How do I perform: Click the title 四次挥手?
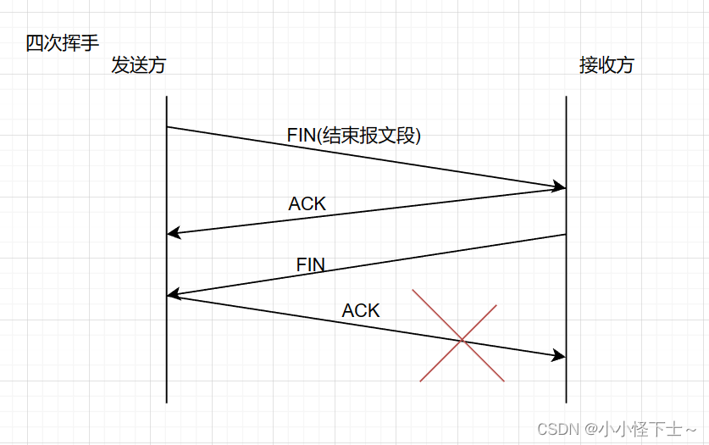tap(63, 43)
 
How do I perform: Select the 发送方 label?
tap(138, 65)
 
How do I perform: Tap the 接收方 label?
tap(606, 65)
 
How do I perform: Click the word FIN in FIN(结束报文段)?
tap(303, 135)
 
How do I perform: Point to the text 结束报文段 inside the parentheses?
tap(370, 135)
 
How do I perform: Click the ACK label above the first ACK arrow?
tap(307, 203)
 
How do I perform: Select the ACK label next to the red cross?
tap(361, 310)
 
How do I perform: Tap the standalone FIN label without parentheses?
tap(311, 264)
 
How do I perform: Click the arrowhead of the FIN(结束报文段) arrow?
tap(560, 186)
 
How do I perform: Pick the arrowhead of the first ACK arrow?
tap(173, 233)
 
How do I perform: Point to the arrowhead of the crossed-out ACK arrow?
tap(560, 357)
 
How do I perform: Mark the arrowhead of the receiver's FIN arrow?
tap(173, 294)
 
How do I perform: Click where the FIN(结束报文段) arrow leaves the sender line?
tap(167, 127)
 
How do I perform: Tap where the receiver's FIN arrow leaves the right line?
tap(566, 235)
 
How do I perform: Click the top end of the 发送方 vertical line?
tap(167, 97)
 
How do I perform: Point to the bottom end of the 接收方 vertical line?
tap(566, 402)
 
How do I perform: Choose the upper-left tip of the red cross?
tap(413, 291)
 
